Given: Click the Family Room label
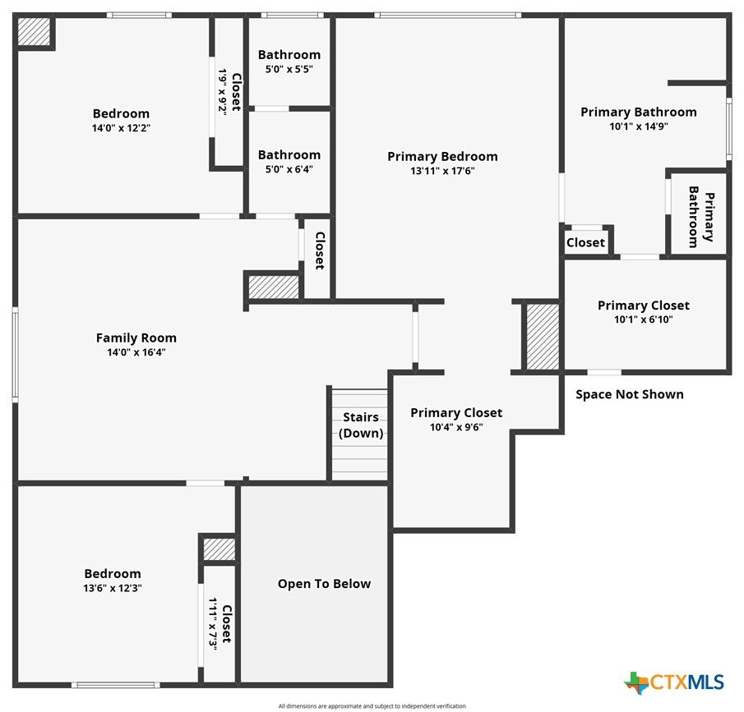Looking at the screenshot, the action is coord(136,338).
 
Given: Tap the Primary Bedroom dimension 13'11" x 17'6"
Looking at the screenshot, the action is coord(442,171).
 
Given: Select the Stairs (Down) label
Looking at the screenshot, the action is coord(361,425).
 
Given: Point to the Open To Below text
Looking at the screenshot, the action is coord(324,584).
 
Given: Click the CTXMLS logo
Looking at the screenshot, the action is coord(674,682).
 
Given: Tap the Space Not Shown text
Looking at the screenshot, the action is coord(630,394).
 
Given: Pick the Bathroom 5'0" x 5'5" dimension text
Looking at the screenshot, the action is coord(289,69).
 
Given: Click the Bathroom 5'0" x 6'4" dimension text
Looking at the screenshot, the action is coord(289,169).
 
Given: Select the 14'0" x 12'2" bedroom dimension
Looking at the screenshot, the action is coord(121,128).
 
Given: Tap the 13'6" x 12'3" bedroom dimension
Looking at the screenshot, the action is coord(113,588).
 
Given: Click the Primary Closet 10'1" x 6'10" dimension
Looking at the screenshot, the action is coord(644,319).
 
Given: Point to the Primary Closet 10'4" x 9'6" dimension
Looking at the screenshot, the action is coord(456,427).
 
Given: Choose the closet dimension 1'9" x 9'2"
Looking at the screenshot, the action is coord(223,91).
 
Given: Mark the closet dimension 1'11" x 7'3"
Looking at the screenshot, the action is coord(213,624).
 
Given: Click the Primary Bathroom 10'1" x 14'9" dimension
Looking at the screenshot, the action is coord(639,126).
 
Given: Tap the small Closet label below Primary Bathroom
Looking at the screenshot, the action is coord(585,243).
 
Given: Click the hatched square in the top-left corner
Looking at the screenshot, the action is coord(34,32).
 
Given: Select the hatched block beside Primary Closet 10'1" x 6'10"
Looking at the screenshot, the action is coord(543,337).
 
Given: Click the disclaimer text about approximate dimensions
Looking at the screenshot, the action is coord(372,705).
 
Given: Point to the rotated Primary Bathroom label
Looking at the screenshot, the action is coord(701,217).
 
